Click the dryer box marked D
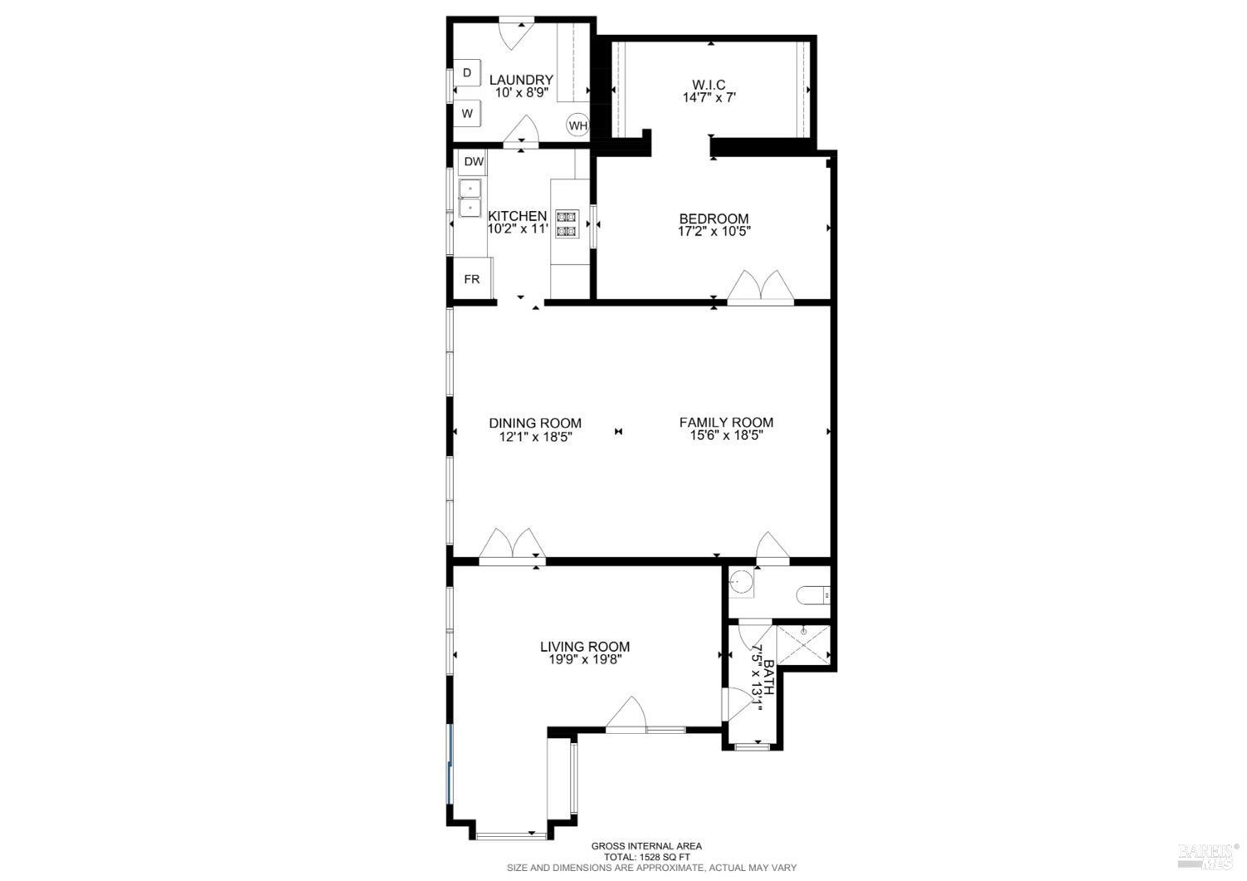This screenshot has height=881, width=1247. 467,73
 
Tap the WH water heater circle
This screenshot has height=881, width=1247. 578,126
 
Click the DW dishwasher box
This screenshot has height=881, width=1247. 473,162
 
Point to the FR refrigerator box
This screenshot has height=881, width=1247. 472,279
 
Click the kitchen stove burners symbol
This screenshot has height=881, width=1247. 566,223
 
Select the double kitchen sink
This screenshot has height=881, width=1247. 471,198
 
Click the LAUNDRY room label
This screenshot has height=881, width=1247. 521,80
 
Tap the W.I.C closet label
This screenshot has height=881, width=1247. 709,85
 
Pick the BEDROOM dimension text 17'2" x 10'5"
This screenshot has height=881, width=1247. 714,232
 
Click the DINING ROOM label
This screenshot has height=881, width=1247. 535,423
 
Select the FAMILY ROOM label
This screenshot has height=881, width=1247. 726,422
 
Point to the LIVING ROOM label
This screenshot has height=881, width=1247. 584,647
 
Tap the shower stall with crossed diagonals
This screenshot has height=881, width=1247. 804,645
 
